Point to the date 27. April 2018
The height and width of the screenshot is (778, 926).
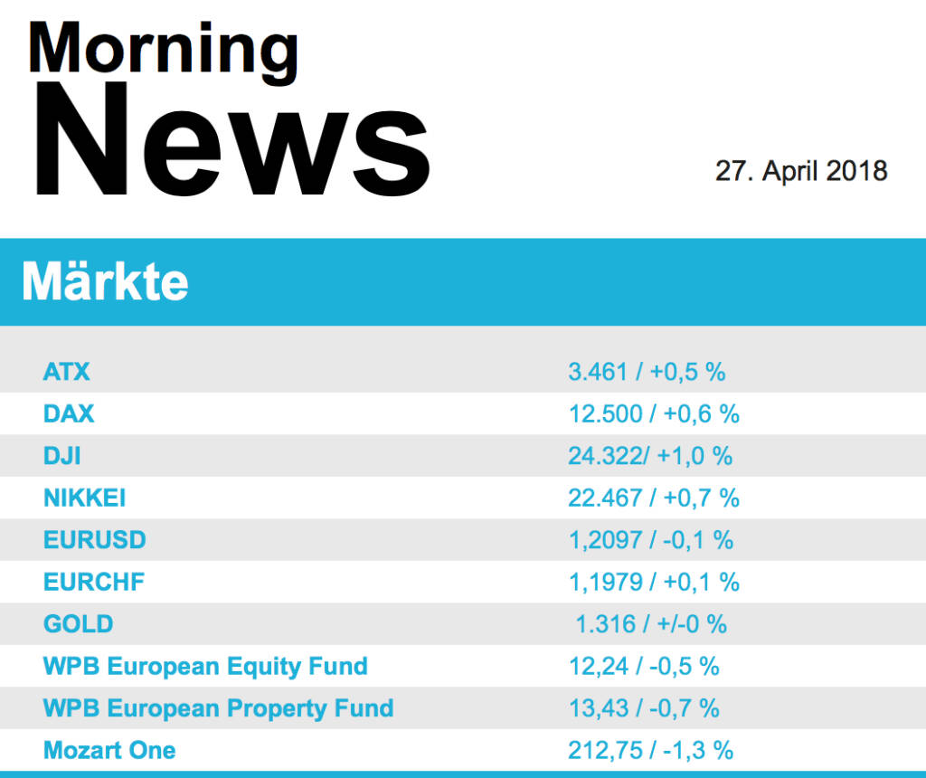click(x=801, y=170)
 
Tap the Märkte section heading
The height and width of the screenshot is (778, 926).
click(x=106, y=282)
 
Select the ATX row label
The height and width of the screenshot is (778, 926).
click(x=67, y=372)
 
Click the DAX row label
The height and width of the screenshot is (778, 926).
click(x=69, y=414)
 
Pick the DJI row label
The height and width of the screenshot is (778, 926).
click(x=61, y=456)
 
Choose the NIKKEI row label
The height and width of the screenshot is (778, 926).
click(x=84, y=498)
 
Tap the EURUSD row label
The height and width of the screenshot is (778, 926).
click(x=94, y=540)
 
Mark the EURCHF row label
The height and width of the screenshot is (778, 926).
click(x=94, y=582)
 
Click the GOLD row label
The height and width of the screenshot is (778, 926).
click(x=79, y=624)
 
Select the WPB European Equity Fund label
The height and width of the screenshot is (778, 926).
click(x=205, y=667)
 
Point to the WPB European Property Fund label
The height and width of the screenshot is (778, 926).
click(x=218, y=707)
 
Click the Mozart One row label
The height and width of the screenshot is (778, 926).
click(x=109, y=750)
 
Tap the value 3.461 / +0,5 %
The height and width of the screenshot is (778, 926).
click(x=647, y=372)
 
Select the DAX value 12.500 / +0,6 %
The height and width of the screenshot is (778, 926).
click(x=654, y=414)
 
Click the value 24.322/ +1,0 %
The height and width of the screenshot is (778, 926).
click(x=650, y=456)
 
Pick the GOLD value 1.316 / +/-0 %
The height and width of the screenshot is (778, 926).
click(x=651, y=624)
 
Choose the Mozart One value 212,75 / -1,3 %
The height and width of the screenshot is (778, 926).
click(x=650, y=750)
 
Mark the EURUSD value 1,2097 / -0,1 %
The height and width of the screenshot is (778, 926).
click(x=650, y=540)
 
